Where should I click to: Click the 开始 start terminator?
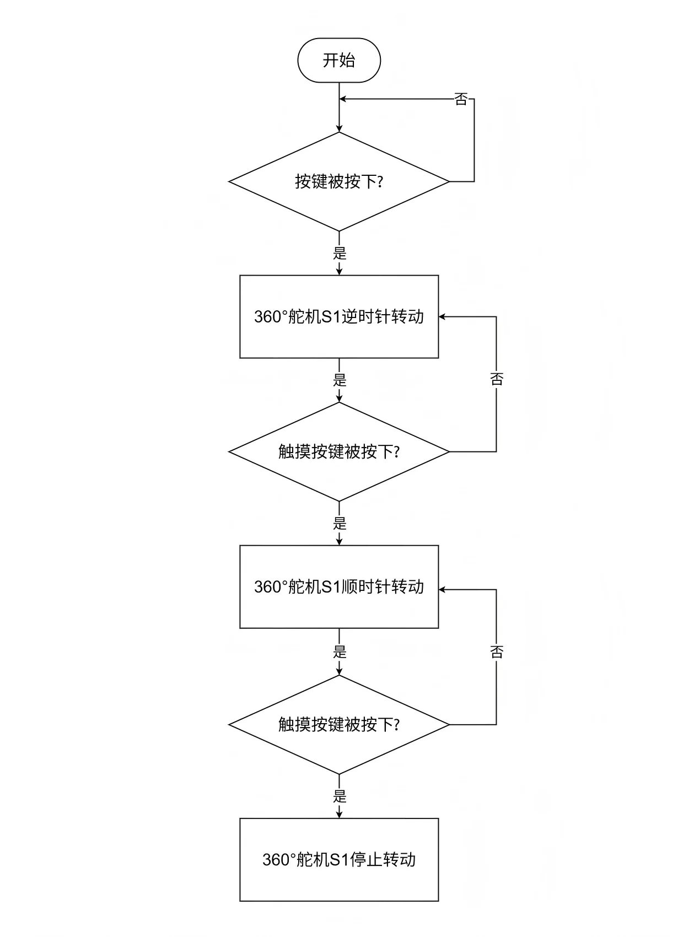pyautogui.click(x=339, y=60)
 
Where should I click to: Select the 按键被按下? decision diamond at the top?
pyautogui.click(x=339, y=181)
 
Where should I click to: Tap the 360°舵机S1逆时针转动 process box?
pyautogui.click(x=339, y=317)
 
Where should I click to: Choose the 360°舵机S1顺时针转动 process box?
pyautogui.click(x=339, y=587)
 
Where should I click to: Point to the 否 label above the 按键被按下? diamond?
pyautogui.click(x=461, y=99)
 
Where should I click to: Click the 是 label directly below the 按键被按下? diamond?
pyautogui.click(x=340, y=252)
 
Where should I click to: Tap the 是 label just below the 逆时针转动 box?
pyautogui.click(x=340, y=380)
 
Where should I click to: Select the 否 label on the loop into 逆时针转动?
pyautogui.click(x=497, y=379)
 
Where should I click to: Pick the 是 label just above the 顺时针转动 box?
pyautogui.click(x=340, y=523)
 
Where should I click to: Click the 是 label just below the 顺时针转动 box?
pyautogui.click(x=340, y=651)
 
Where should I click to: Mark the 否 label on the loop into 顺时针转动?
pyautogui.click(x=497, y=651)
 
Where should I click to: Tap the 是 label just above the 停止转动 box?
pyautogui.click(x=340, y=796)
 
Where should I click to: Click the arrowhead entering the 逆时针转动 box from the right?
pyautogui.click(x=442, y=317)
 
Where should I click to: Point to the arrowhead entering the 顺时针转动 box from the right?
pyautogui.click(x=442, y=589)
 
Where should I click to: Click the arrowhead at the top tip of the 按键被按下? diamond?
pyautogui.click(x=339, y=128)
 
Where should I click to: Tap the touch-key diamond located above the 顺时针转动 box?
pyautogui.click(x=339, y=452)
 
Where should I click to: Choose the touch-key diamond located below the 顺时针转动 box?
pyautogui.click(x=339, y=724)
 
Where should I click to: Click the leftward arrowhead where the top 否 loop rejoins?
pyautogui.click(x=342, y=99)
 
